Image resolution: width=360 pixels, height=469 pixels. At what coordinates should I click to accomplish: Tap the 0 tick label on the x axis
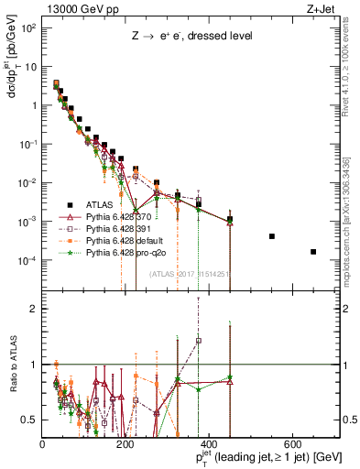42,442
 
